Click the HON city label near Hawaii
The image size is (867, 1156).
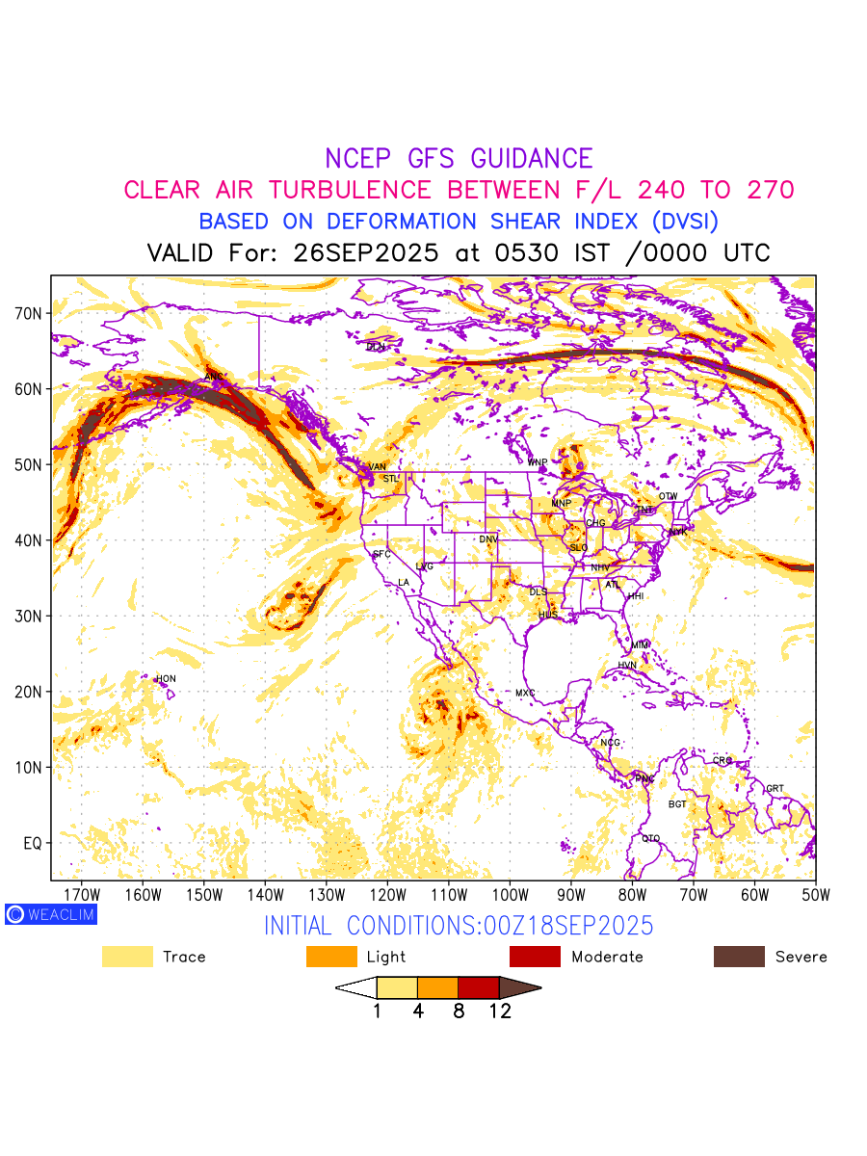tap(166, 679)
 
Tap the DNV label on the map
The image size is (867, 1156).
tap(488, 539)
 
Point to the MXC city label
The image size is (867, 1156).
tap(525, 693)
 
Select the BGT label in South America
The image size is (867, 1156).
tap(678, 803)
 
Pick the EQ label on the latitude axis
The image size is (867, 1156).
tap(33, 843)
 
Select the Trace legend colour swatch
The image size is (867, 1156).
tap(127, 957)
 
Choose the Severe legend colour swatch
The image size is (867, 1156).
tap(739, 957)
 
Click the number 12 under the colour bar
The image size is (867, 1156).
tap(499, 1011)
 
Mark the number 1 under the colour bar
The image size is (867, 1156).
tap(377, 1011)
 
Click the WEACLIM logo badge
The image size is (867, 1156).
tap(51, 914)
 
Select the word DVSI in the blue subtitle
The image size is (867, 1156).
tap(684, 221)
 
